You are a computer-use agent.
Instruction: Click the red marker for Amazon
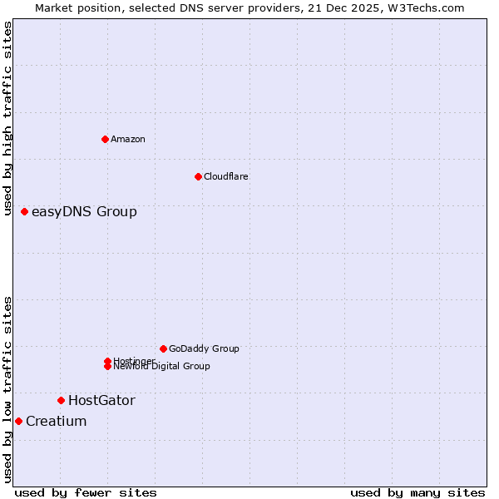click(x=105, y=139)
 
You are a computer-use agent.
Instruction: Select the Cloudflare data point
click(x=198, y=176)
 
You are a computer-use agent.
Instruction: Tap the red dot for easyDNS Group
click(x=25, y=211)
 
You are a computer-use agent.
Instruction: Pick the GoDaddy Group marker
click(x=163, y=348)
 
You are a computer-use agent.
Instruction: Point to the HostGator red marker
click(x=61, y=400)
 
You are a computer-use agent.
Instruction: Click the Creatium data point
click(x=18, y=421)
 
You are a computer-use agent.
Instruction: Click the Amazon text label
click(x=128, y=139)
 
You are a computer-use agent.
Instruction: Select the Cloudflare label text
click(x=226, y=176)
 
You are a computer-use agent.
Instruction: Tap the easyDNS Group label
click(x=84, y=211)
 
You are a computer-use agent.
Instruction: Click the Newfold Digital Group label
click(x=162, y=366)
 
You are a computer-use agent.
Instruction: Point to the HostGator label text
click(x=101, y=400)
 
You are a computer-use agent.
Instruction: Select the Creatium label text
click(x=57, y=421)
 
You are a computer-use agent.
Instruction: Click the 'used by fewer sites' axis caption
click(x=86, y=492)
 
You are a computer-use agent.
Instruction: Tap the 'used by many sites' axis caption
click(x=417, y=492)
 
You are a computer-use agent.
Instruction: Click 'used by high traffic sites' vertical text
click(x=7, y=118)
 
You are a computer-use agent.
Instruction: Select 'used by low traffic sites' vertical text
click(x=7, y=389)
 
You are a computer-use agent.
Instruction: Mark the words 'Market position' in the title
click(x=74, y=7)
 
